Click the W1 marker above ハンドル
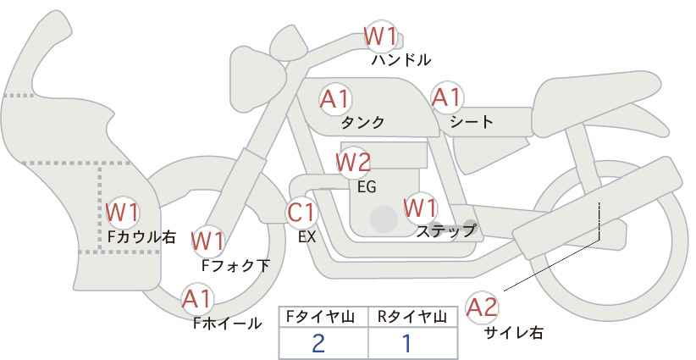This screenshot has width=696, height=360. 380,36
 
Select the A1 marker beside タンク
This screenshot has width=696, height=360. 336,99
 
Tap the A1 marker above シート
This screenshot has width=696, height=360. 446,98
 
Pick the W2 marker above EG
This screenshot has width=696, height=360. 353,161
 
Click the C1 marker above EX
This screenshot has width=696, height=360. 302,212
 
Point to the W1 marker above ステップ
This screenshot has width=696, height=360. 421,207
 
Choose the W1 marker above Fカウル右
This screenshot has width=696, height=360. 123,211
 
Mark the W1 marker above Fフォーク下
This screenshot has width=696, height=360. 207,241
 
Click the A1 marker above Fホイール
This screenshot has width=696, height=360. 198,298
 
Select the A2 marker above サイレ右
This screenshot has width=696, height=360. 483,307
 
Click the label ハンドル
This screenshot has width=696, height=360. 401,60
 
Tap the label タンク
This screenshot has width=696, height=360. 362,123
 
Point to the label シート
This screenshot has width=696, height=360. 472,122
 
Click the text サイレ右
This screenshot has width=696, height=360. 514,332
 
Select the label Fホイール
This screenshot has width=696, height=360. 228,323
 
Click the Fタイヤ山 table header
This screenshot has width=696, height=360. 323,316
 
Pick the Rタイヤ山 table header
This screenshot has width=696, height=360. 413,316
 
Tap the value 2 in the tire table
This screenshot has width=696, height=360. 318,342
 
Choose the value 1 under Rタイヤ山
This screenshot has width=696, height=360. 406,342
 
